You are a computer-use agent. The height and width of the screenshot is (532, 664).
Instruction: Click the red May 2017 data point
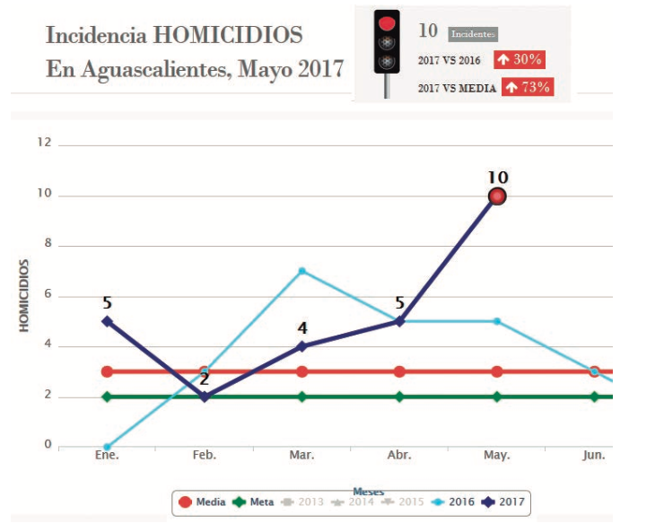pos(497,196)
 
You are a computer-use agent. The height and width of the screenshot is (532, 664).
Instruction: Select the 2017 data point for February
pos(205,397)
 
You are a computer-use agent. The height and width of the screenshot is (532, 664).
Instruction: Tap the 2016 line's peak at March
pos(302,271)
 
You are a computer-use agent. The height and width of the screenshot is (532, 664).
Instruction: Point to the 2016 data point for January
pos(107,447)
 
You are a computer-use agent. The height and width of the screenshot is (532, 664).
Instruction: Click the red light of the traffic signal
pos(387,22)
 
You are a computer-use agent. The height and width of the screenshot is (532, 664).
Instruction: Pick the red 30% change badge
pos(520,59)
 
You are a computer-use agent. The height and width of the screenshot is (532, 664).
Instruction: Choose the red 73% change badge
pos(527,87)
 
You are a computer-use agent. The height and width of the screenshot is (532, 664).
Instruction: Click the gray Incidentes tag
pos(472,34)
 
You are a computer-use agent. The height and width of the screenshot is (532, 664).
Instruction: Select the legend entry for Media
pos(203,502)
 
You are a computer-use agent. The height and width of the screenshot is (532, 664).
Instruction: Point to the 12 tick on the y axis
pos(44,144)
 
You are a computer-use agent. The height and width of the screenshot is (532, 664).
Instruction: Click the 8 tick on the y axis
pos(48,245)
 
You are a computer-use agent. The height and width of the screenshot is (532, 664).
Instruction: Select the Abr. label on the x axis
pos(399,456)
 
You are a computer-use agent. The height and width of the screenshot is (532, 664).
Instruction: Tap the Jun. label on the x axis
pos(594,456)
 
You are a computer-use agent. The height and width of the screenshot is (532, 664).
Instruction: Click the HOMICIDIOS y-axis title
pos(25,296)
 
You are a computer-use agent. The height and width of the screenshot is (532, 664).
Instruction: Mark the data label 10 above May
pos(497,176)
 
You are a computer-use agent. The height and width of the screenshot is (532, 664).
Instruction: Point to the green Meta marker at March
pos(302,397)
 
